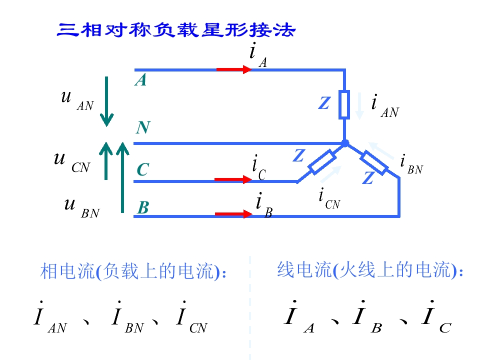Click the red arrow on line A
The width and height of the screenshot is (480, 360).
234,69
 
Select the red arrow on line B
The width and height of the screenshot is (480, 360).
234,214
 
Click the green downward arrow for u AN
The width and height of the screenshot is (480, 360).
106,101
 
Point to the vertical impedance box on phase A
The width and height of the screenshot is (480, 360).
344,104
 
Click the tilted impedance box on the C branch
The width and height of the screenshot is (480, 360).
322,162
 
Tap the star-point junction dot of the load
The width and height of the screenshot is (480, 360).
345,143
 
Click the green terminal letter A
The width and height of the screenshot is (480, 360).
141,80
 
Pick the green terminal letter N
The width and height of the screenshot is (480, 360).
143,127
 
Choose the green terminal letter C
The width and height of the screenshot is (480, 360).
143,169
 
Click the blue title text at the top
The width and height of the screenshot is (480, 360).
176,30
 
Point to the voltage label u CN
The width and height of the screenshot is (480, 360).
72,162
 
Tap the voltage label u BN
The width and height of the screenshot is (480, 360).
81,207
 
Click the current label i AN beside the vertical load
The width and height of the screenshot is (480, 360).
385,106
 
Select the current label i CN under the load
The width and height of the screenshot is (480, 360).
329,198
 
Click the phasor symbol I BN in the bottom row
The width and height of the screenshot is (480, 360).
127,317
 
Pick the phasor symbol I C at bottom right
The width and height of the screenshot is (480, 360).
436,316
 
